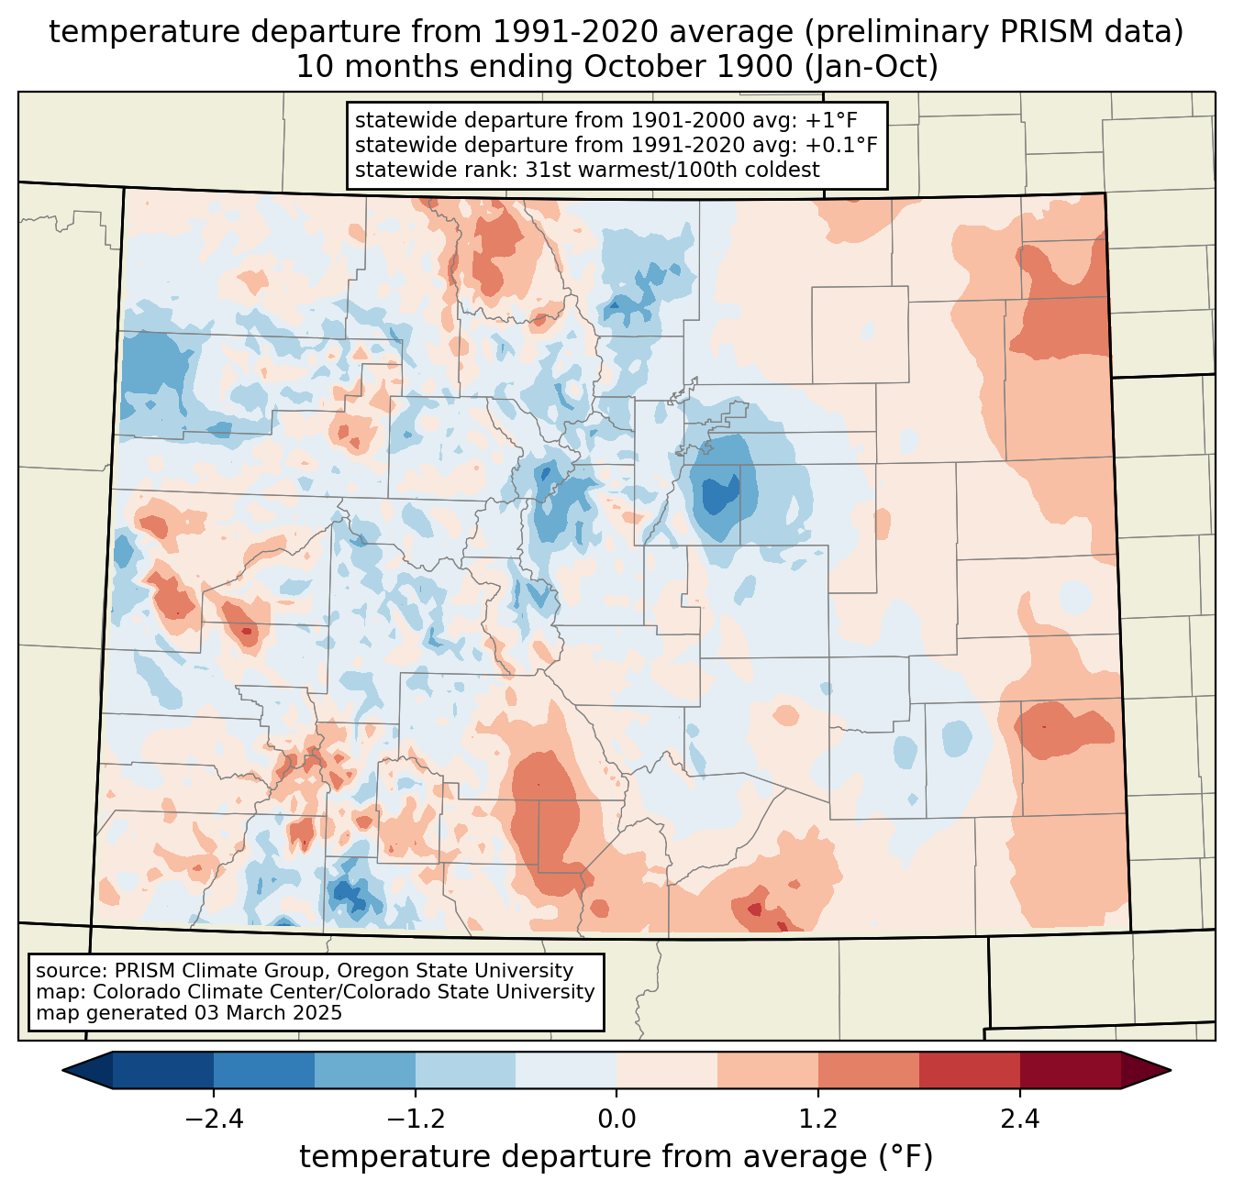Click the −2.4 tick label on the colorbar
214,1119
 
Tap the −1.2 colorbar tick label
415,1119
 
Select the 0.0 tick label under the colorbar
616,1119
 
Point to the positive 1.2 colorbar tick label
817,1119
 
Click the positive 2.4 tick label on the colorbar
1019,1119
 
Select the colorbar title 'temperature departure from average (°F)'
616,1157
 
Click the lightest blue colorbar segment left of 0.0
566,1070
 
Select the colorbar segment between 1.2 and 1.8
868,1070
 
